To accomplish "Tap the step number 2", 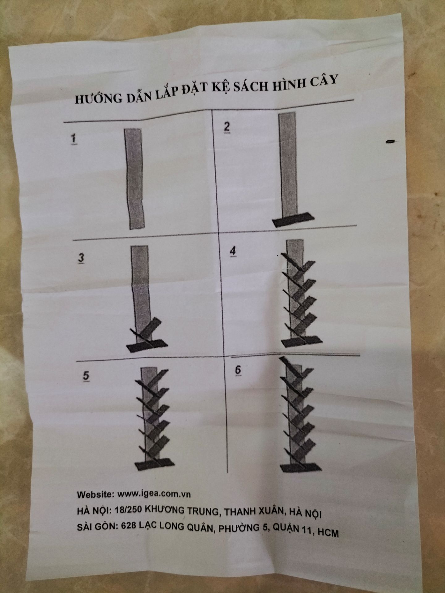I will point(227,127).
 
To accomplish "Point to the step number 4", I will point(232,251).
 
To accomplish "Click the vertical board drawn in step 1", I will point(135,179).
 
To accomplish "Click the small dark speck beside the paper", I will point(390,141).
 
